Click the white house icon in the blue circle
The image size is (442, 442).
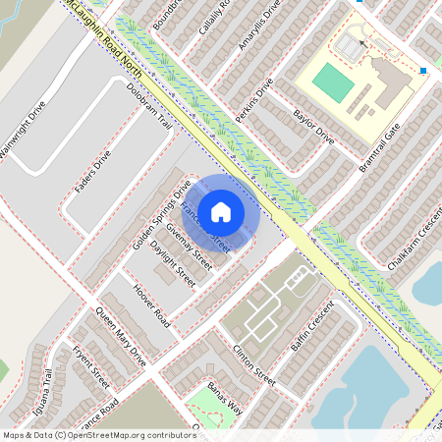pos(221,211)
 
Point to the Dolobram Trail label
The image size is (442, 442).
pos(149,107)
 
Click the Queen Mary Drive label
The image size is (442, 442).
pos(120,337)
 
